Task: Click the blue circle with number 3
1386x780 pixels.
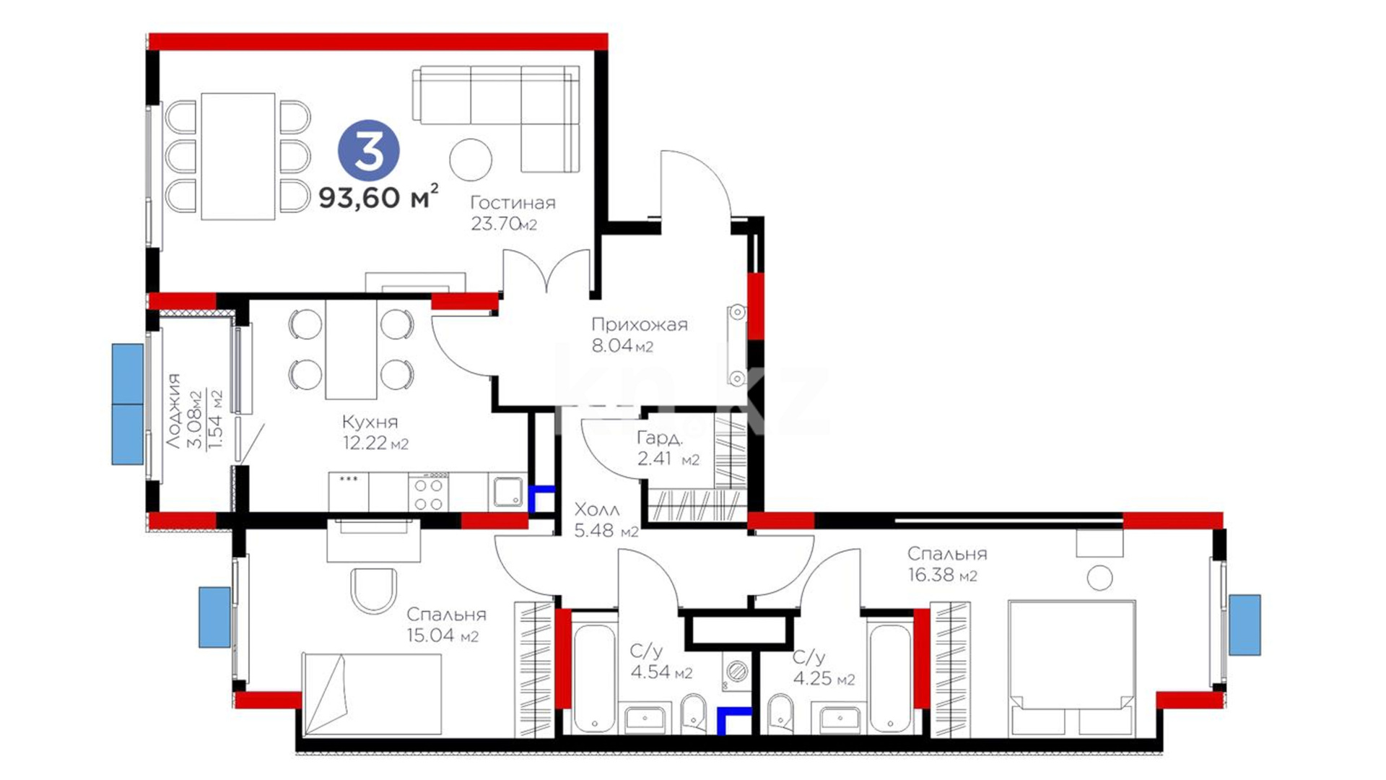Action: [x=369, y=151]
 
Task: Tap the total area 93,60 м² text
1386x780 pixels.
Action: [x=378, y=196]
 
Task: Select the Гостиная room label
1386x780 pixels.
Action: [x=513, y=203]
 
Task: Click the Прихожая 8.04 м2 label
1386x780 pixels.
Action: [x=639, y=335]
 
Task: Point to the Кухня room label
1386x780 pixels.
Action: [x=370, y=422]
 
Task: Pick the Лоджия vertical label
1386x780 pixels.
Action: [x=174, y=410]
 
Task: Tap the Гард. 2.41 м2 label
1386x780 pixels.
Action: [x=668, y=448]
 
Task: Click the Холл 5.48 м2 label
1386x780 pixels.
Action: [x=606, y=521]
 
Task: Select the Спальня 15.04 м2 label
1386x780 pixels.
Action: [x=445, y=625]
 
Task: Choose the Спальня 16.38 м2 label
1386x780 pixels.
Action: [x=946, y=564]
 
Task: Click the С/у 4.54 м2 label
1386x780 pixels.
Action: [x=661, y=662]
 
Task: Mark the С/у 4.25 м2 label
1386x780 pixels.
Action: [x=823, y=668]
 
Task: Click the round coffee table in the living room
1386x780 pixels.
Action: [x=471, y=160]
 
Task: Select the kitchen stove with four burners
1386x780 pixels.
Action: [x=428, y=492]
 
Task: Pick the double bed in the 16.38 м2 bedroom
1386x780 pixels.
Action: [x=1071, y=668]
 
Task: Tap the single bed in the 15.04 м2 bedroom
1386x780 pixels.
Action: [x=372, y=694]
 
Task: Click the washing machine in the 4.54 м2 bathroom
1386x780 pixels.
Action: [x=736, y=670]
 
